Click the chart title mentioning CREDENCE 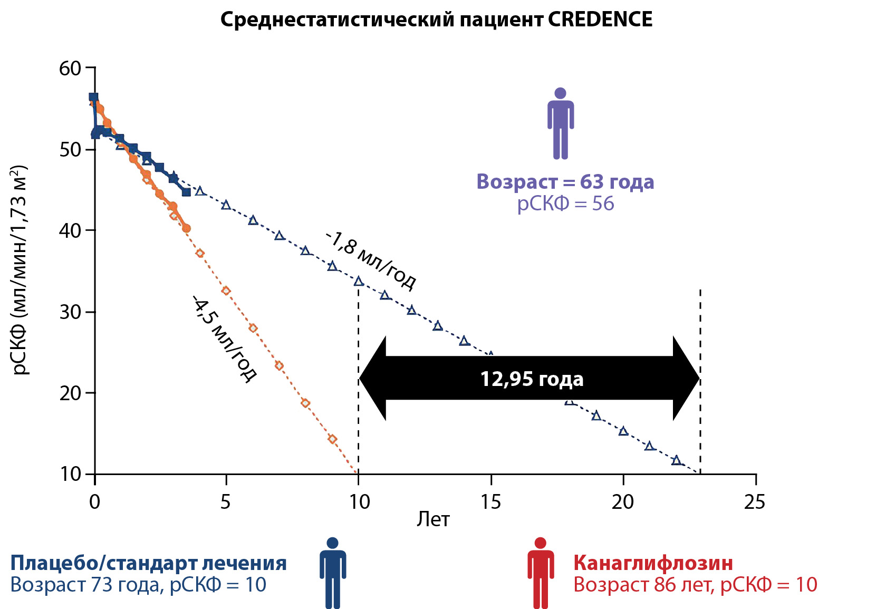point(436,20)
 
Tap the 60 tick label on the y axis point(70,68)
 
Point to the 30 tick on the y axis point(70,312)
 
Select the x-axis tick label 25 point(754,502)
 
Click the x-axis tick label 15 point(490,502)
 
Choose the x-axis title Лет point(433,520)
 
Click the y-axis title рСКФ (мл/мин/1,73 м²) point(20,270)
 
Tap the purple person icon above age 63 point(560,123)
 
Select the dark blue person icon point(333,573)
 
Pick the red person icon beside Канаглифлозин point(541,573)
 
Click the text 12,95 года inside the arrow point(532,379)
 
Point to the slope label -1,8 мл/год point(371,260)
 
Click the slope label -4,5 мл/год point(224,338)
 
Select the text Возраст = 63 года point(565,181)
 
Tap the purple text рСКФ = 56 point(565,204)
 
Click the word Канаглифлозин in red point(653,563)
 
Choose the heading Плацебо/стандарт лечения point(148,563)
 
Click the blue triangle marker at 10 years point(359,282)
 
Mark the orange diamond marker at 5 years point(226,291)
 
